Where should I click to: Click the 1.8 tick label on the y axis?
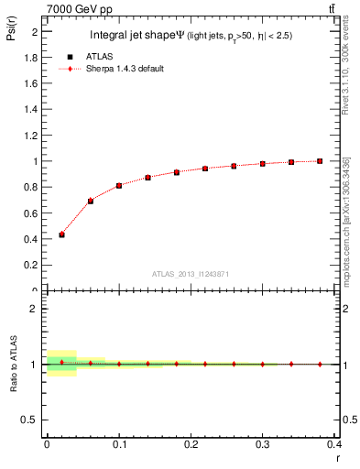[x=32, y=57]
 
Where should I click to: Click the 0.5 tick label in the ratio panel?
[x=32, y=420]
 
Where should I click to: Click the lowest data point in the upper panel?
[x=61, y=234]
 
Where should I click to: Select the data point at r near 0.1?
[x=119, y=186]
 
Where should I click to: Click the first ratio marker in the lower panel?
[x=61, y=363]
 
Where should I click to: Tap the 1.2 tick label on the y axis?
[x=32, y=135]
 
